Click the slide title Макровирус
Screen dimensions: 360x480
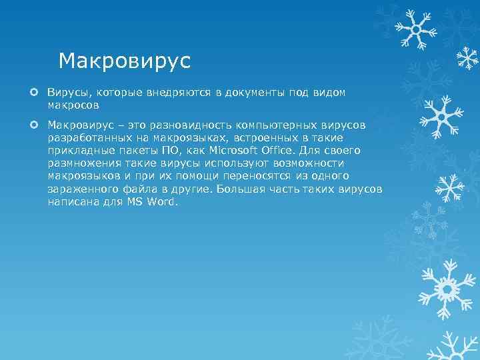[125, 61]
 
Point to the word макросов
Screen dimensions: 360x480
[73, 105]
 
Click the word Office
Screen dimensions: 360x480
[281, 151]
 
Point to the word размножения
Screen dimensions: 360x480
[81, 163]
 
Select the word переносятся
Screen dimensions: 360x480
[261, 176]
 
